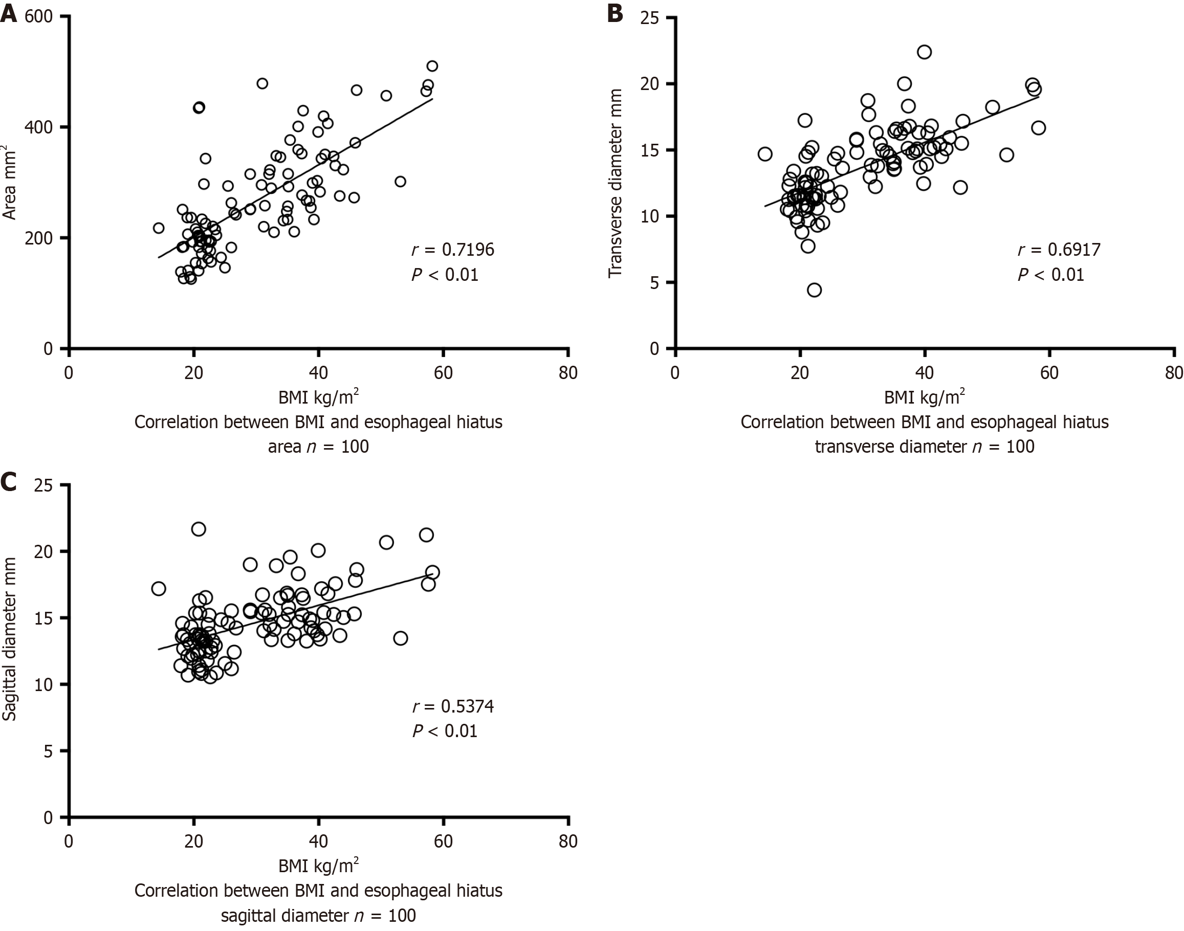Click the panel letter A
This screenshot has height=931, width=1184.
[9, 13]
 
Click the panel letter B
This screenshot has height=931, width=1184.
[615, 13]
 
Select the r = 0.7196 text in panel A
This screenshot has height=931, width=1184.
[452, 250]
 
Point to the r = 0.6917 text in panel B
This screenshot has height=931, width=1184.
[1059, 250]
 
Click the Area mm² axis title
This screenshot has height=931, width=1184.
[9, 182]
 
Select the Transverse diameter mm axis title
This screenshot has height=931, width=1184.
[616, 183]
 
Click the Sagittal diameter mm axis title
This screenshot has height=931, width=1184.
[9, 639]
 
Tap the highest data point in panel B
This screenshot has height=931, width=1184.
[924, 52]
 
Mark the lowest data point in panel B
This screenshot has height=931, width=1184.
[814, 290]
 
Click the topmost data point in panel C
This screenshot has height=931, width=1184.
[199, 529]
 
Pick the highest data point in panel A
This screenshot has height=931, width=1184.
[432, 66]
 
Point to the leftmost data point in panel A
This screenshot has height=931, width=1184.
[159, 228]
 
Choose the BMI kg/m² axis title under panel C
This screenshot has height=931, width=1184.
[318, 866]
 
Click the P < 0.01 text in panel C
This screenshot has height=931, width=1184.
[445, 731]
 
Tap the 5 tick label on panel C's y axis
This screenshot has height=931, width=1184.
[48, 751]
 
